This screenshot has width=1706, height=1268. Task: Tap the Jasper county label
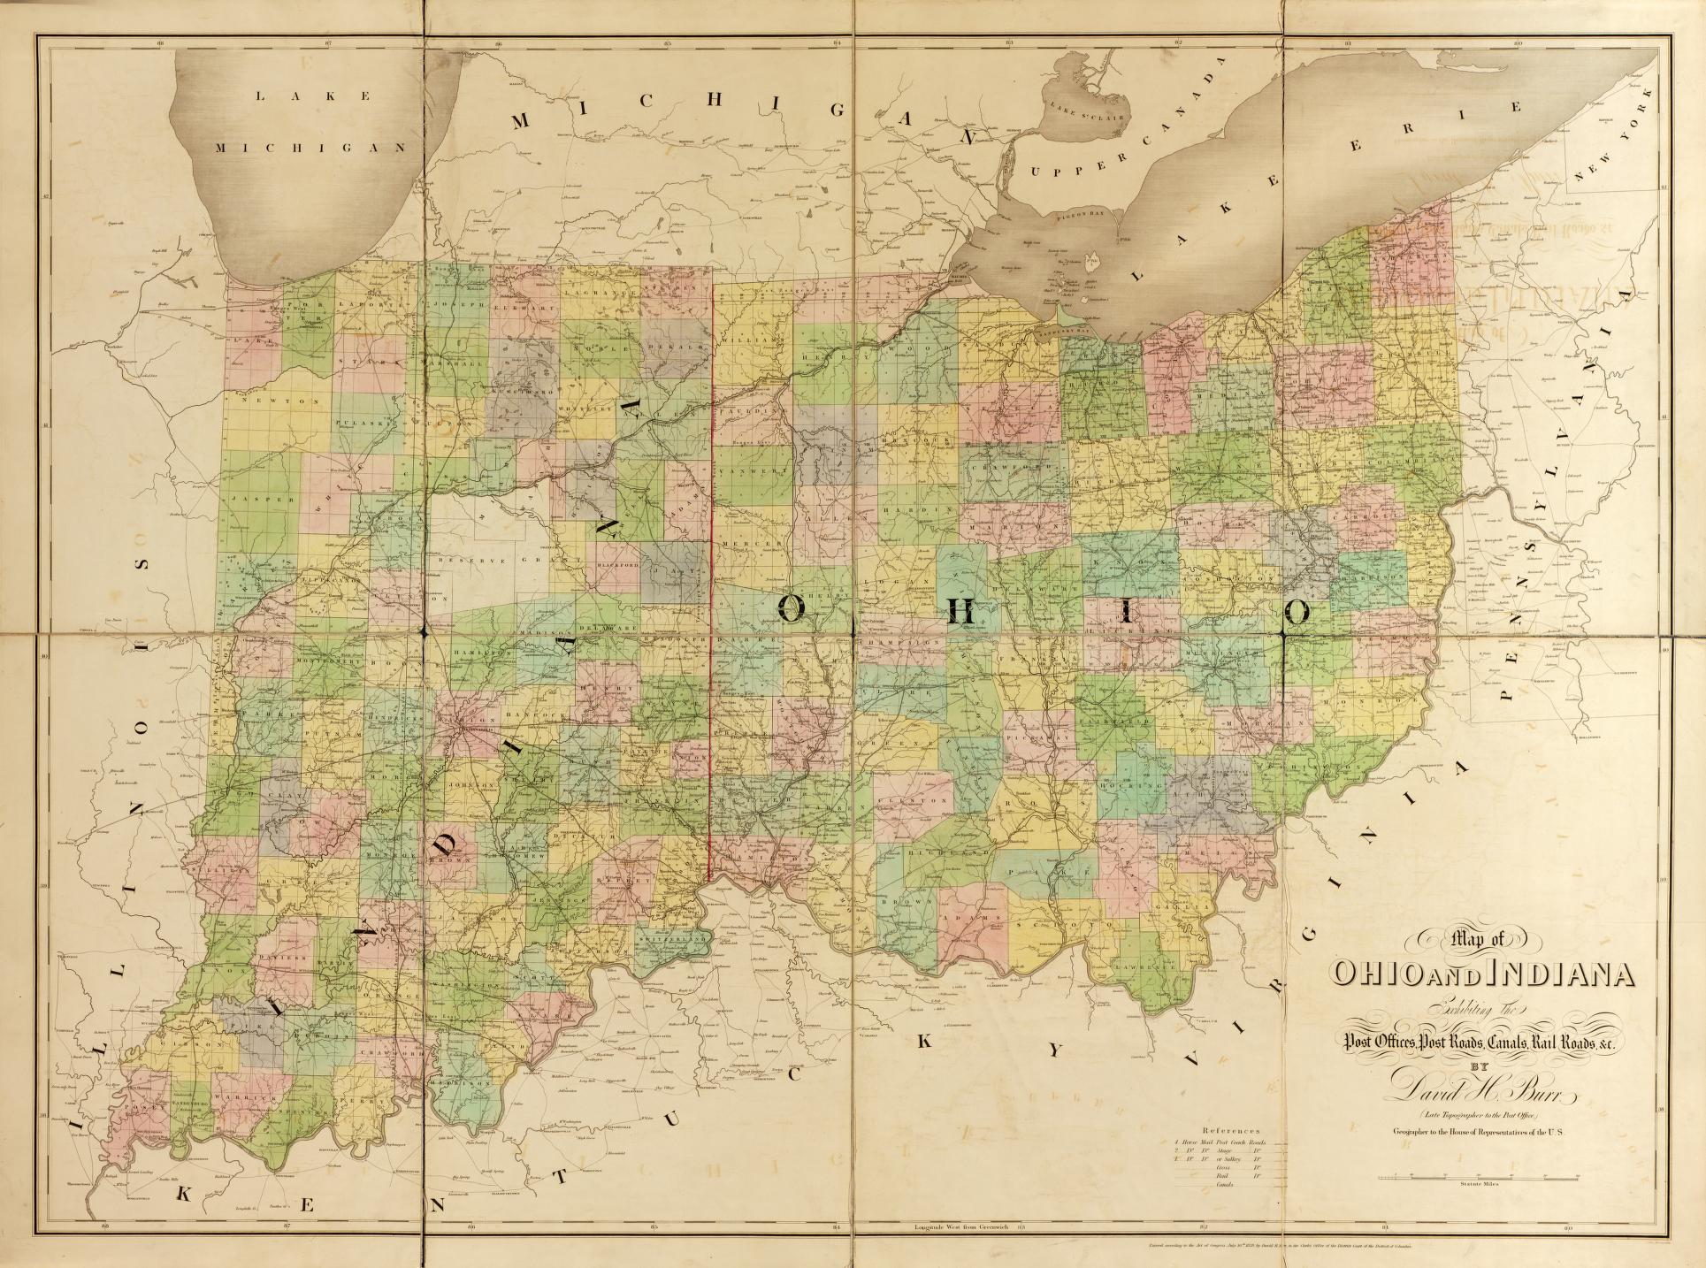click(x=250, y=500)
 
